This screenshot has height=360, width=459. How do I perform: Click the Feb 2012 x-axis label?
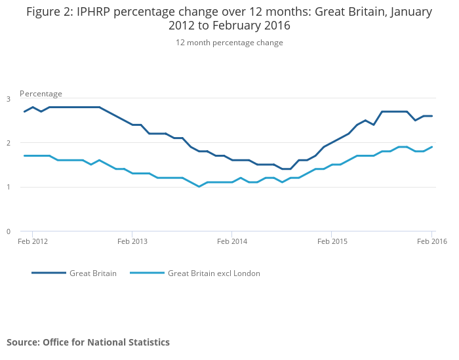click(x=33, y=242)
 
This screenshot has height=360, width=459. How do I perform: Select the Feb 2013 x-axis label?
click(x=132, y=242)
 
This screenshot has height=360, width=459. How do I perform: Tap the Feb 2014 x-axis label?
click(x=231, y=242)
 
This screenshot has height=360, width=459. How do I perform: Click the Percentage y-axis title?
click(x=41, y=94)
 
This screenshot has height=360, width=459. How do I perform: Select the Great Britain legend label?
click(x=93, y=273)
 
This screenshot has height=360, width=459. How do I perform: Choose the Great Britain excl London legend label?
click(x=214, y=273)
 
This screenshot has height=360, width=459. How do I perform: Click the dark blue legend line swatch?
click(x=49, y=273)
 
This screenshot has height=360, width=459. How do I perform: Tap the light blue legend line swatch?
click(x=146, y=273)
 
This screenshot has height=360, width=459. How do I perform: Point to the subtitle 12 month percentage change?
click(x=229, y=43)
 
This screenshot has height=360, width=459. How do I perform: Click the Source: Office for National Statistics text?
click(x=88, y=342)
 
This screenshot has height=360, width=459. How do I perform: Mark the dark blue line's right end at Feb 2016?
click(x=432, y=116)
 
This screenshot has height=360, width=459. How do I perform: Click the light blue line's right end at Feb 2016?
click(x=432, y=147)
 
